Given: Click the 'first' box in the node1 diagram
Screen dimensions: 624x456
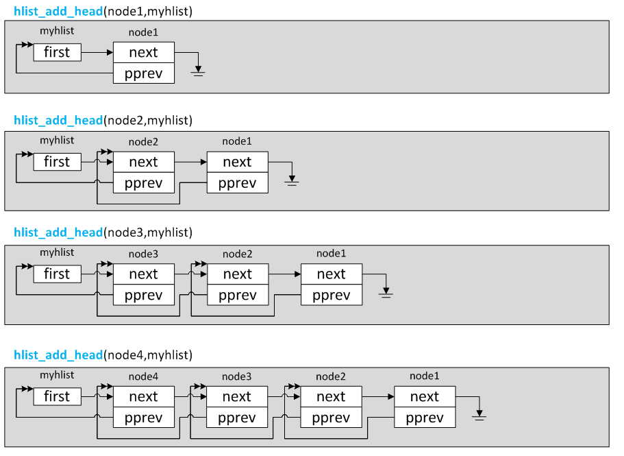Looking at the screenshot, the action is [58, 52].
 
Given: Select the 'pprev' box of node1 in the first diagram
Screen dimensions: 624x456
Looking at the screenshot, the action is [144, 73].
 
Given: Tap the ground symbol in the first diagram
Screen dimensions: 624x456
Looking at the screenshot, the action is [198, 71].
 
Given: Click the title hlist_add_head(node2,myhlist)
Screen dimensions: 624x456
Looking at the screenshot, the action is [103, 120].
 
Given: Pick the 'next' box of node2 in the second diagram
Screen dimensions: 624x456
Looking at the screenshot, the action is [144, 162].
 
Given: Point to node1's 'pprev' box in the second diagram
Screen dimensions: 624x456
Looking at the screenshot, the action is [238, 183].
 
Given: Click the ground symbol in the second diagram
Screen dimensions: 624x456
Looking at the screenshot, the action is [292, 181].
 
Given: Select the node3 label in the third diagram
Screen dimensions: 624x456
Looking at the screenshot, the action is [143, 254].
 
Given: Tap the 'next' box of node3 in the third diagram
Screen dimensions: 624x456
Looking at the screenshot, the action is [144, 274].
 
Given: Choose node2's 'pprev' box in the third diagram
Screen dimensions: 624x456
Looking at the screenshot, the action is [238, 295].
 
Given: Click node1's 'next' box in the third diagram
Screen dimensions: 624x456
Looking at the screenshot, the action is [332, 274].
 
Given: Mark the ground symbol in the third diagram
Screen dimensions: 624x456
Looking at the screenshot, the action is [386, 293].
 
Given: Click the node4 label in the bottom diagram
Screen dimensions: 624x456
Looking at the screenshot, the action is [143, 376].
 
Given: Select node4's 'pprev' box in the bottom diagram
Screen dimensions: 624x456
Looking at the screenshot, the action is [144, 418].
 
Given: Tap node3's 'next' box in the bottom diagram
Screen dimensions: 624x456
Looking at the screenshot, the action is [237, 396].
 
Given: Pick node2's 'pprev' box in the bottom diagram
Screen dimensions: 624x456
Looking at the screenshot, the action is [331, 418].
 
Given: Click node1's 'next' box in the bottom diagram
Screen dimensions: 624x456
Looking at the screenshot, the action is [425, 396].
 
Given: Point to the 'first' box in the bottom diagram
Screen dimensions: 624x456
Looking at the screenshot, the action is [58, 396].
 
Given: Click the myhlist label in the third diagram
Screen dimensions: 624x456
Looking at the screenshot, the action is [57, 252].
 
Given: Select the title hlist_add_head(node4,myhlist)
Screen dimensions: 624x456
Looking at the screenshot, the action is [103, 355].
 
